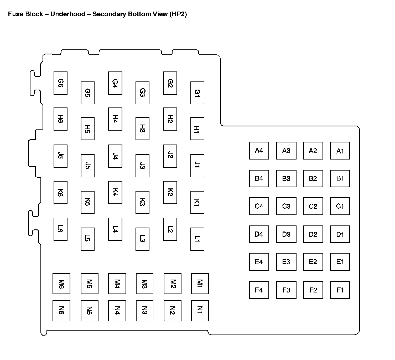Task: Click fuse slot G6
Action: point(60,83)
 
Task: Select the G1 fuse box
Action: point(197,93)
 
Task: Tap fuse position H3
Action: point(142,129)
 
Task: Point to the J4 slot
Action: point(115,156)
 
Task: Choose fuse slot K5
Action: point(87,202)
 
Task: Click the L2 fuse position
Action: point(170,229)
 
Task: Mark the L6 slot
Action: point(60,229)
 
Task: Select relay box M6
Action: point(61,284)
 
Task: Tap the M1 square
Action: point(200,284)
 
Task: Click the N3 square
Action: point(144,311)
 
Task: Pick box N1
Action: point(200,311)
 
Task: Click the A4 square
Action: point(259,151)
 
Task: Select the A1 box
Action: point(340,151)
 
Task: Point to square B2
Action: point(313,178)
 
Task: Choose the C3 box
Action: point(286,206)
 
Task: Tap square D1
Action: point(340,234)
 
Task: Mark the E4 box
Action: point(259,262)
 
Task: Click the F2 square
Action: point(313,290)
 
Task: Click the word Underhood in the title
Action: point(68,14)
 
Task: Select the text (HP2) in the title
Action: point(178,14)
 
